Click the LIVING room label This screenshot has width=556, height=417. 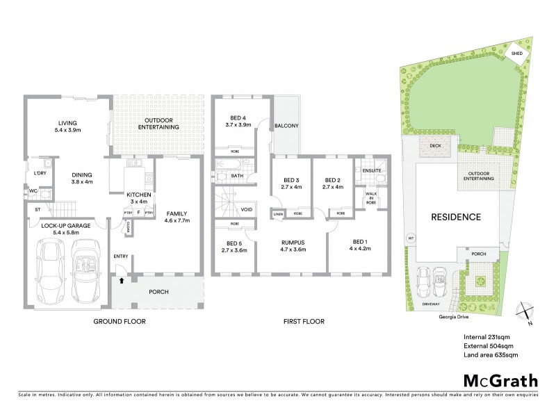[68, 126]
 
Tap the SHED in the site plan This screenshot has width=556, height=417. [517, 54]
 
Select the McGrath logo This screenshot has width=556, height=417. [500, 380]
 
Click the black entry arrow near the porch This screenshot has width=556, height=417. [122, 281]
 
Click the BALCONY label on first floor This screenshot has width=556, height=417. [286, 126]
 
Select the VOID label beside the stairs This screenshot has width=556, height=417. [247, 208]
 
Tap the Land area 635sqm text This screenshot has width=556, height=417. [490, 355]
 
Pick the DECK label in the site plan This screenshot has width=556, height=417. [436, 146]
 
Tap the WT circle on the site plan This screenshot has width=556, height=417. [411, 238]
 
